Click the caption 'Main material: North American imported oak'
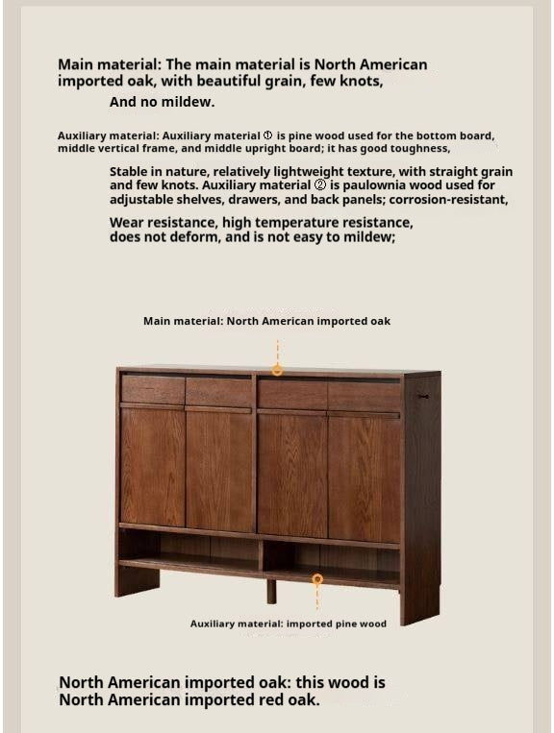(266, 321)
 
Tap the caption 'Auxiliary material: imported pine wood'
(288, 623)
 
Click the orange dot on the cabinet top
(277, 370)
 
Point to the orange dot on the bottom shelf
(317, 579)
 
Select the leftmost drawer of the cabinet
(152, 390)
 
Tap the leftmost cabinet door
(152, 467)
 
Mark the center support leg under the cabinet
(271, 590)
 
